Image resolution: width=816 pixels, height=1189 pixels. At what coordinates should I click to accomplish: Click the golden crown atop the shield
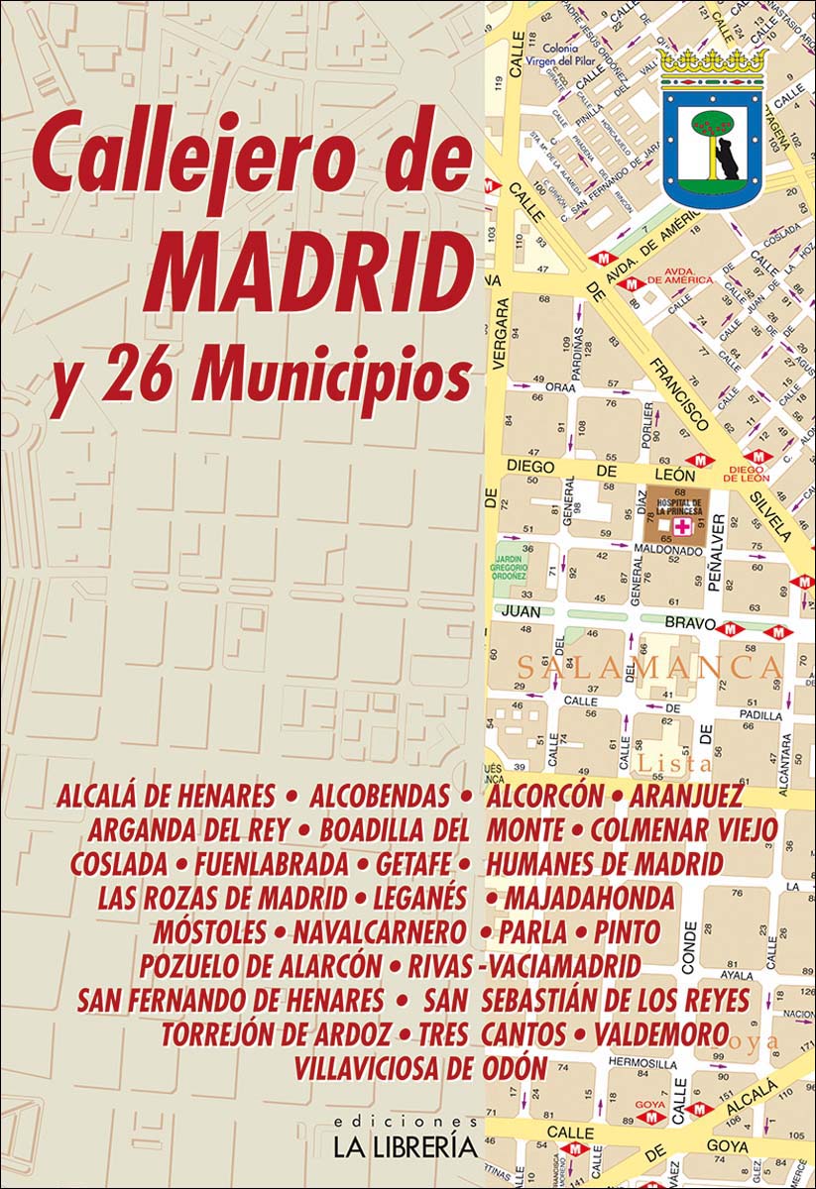713,63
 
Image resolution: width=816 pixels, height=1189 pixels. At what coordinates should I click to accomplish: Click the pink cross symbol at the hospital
680,525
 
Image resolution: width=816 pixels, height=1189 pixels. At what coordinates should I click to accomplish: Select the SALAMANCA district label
648,667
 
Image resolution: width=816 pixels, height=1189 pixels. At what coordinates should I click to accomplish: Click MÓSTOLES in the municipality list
209,932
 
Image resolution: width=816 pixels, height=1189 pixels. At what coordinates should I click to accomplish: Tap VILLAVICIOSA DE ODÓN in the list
419,1069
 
